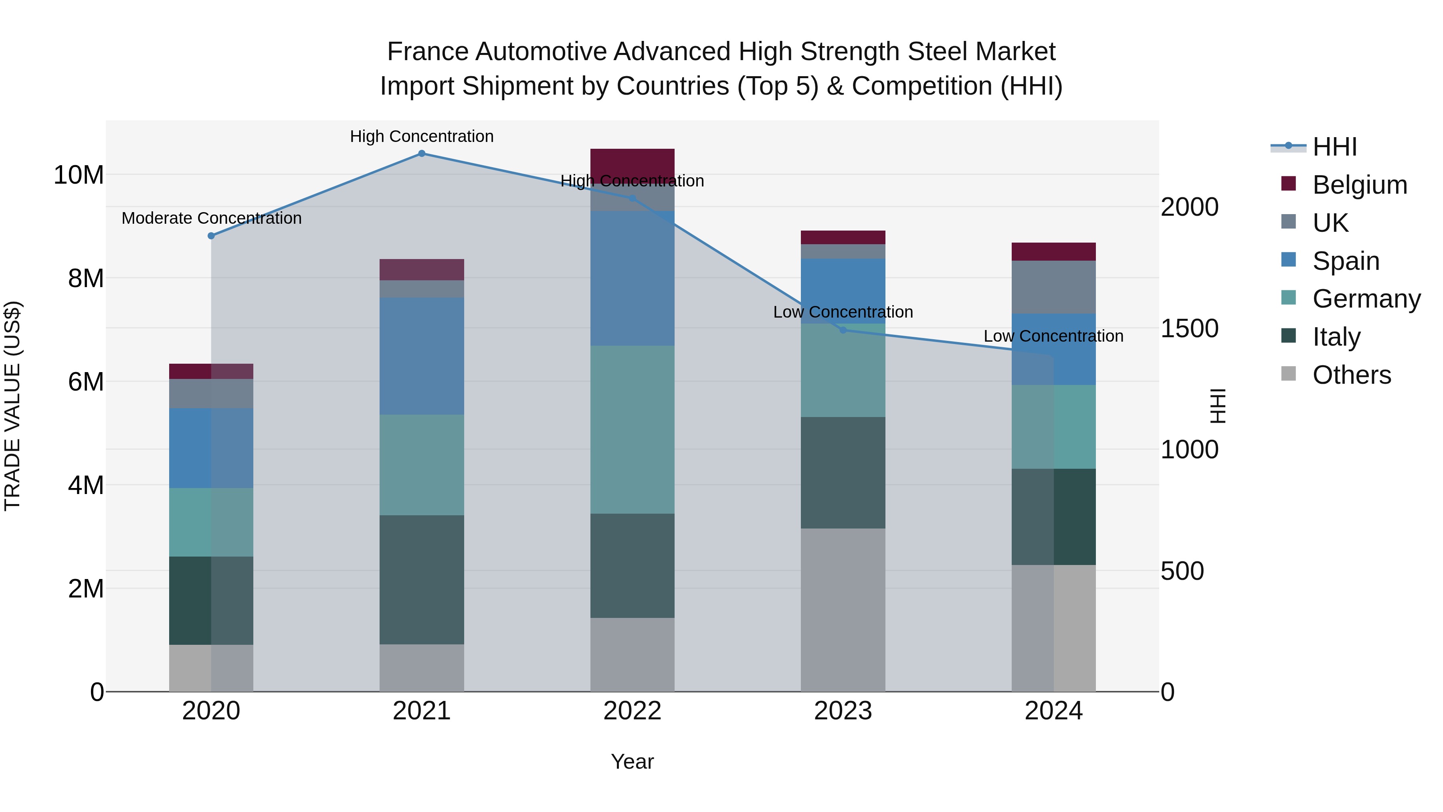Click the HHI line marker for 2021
point(422,154)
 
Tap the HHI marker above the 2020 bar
point(211,236)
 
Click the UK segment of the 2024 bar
point(1054,287)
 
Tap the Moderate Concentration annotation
point(211,218)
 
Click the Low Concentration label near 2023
point(843,312)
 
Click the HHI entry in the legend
point(1334,147)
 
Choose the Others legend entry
point(1351,375)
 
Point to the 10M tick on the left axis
point(79,175)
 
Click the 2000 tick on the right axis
point(1189,207)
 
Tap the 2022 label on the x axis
point(633,711)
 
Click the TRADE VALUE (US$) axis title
point(12,406)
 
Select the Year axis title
point(633,761)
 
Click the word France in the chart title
point(427,52)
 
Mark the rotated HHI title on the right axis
point(1218,406)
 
